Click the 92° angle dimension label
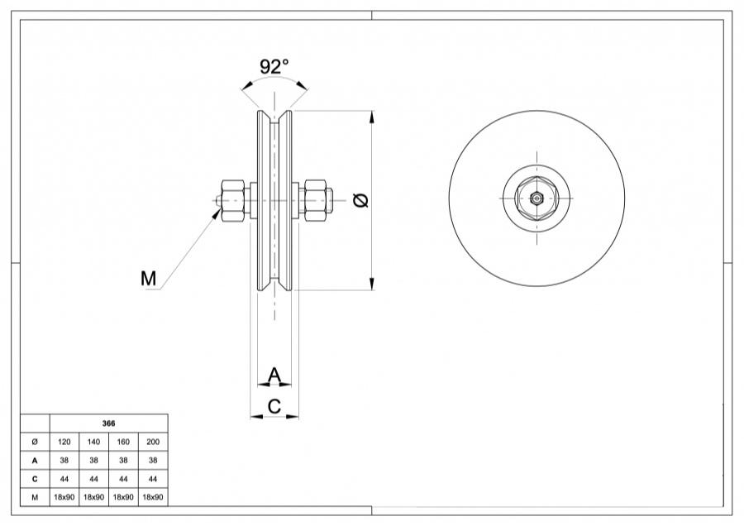[x=274, y=66]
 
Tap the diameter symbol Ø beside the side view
[x=360, y=199]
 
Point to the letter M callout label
[x=148, y=279]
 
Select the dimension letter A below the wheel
[x=275, y=375]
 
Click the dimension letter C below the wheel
[x=275, y=406]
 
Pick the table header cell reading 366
[x=108, y=423]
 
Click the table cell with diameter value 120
[x=64, y=442]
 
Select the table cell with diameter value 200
[x=152, y=442]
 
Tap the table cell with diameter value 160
[x=123, y=442]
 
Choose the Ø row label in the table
[x=35, y=442]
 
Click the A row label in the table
[x=35, y=461]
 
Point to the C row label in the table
[x=35, y=479]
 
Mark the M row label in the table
[x=35, y=498]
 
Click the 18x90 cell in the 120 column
[x=64, y=498]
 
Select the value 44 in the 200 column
[x=152, y=479]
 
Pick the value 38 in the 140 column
[x=93, y=461]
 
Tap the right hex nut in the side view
[x=315, y=199]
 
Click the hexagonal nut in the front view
[x=537, y=198]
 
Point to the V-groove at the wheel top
[x=275, y=115]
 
